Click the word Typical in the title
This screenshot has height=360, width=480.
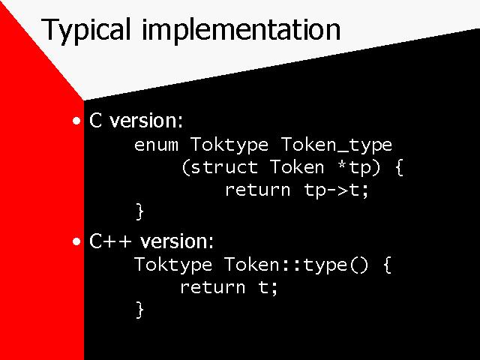(85, 31)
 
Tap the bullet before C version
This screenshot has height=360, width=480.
(76, 121)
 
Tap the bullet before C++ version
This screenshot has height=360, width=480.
(76, 241)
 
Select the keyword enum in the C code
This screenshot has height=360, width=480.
(156, 145)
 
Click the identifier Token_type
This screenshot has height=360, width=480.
(337, 145)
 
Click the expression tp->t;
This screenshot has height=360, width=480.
(336, 190)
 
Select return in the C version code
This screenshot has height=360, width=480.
(258, 190)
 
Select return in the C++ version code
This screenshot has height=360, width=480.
(213, 287)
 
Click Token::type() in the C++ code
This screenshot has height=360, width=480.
(295, 265)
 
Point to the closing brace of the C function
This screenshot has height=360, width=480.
(139, 211)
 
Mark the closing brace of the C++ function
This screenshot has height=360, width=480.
(139, 310)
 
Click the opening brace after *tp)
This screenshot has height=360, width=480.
(399, 168)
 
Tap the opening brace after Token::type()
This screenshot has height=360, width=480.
(387, 265)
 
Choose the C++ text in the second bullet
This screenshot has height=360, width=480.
(110, 241)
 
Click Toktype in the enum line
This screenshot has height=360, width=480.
(229, 145)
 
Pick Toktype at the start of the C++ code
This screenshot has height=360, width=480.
(173, 265)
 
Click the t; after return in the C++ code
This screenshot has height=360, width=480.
(268, 288)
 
